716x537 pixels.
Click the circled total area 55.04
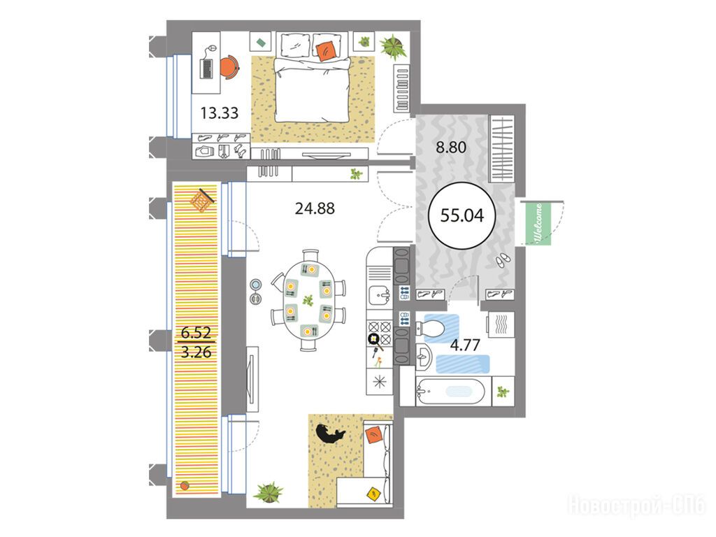click(461, 215)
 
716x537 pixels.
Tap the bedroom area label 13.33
click(219, 113)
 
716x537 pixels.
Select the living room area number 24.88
click(315, 208)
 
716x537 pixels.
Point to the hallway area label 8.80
click(451, 147)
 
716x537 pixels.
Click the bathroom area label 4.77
click(465, 345)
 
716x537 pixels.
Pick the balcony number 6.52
click(196, 332)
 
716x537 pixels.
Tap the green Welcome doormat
click(538, 224)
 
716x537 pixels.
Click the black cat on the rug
click(330, 434)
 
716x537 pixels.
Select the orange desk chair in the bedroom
click(229, 66)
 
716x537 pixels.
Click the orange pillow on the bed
click(325, 50)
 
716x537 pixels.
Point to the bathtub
click(450, 392)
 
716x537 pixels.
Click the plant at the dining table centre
click(308, 301)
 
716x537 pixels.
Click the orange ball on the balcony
click(185, 485)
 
